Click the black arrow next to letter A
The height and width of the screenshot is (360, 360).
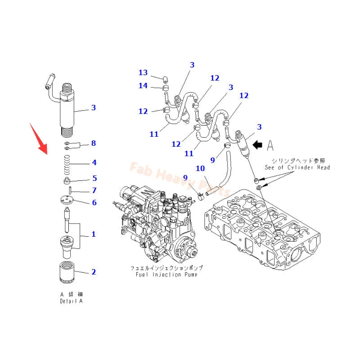258,145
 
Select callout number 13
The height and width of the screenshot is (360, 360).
143,72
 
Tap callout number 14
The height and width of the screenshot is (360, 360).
143,85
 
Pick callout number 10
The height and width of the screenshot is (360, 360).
200,168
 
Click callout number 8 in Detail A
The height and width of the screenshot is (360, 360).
94,143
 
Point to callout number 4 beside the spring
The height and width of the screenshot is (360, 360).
94,162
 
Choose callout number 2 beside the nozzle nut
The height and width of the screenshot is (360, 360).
94,271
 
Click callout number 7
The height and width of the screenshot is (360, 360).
94,190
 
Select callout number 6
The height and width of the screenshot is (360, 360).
94,202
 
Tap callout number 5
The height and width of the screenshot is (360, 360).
94,178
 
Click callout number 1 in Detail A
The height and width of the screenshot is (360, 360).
94,234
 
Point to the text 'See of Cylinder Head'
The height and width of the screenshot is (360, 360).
297,167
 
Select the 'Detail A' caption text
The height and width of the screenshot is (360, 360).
71,301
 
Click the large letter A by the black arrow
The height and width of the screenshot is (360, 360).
270,145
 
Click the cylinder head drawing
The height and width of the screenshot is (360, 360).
265,229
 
